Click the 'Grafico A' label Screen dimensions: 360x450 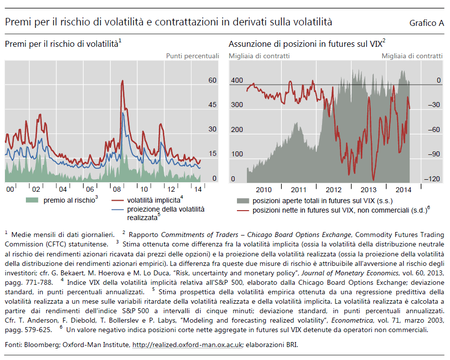pyautogui.click(x=426, y=23)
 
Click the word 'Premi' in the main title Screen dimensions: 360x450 pyautogui.click(x=16, y=22)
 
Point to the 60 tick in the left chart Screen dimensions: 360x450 pyautogui.click(x=212, y=80)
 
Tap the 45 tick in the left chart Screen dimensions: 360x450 pyautogui.click(x=212, y=105)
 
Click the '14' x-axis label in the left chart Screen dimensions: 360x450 pyautogui.click(x=198, y=189)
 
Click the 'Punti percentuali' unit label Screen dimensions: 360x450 pyautogui.click(x=192, y=56)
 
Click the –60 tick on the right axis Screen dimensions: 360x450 pyautogui.click(x=434, y=129)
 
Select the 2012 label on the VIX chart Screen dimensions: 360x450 pyautogui.click(x=333, y=189)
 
